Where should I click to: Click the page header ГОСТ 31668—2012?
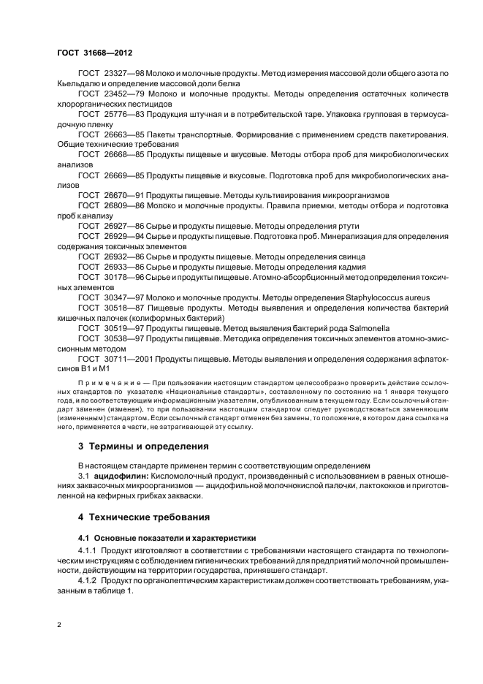pos(94,53)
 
